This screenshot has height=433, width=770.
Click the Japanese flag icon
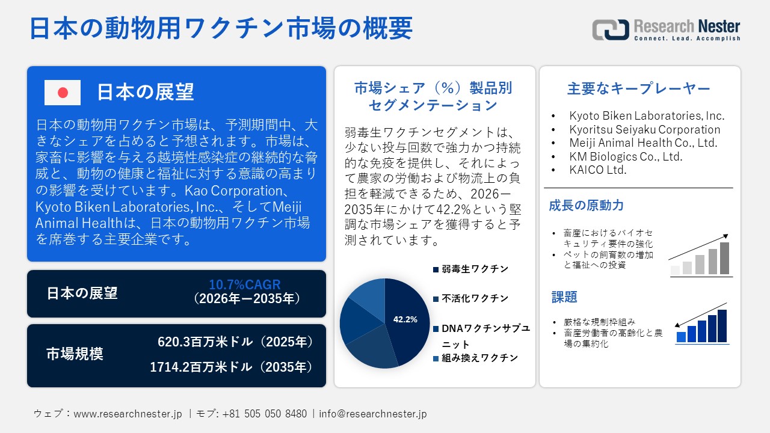[63, 93]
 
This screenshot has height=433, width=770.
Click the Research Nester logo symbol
[611, 29]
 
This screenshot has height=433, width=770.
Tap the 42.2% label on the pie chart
[405, 319]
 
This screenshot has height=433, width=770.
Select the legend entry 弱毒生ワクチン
[470, 269]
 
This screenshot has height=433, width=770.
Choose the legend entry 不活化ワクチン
[470, 298]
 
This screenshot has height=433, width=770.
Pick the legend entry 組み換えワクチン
[475, 358]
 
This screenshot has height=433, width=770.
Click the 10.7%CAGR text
[245, 284]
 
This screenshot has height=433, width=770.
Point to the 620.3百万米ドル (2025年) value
[235, 342]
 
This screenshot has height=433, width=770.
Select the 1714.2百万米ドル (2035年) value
[232, 367]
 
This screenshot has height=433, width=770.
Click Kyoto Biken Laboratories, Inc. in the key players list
[647, 116]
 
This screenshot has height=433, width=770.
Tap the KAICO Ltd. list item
[598, 170]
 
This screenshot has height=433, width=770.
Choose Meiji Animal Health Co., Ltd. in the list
[643, 143]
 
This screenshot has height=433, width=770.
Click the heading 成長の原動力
[586, 206]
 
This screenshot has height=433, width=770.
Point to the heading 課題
[564, 297]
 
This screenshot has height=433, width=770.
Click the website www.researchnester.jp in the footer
[128, 414]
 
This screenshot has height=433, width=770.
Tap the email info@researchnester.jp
[372, 414]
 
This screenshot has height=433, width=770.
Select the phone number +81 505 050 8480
[264, 414]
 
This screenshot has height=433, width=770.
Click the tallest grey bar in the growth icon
[724, 258]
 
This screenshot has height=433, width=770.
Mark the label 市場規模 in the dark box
[75, 354]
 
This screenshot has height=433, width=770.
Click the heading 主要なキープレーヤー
[638, 88]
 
